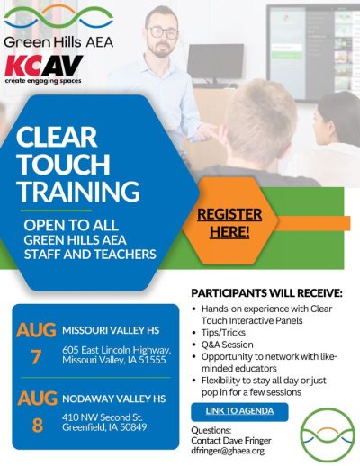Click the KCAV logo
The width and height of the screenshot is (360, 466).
click(44, 69)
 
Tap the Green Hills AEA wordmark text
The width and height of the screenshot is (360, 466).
click(58, 42)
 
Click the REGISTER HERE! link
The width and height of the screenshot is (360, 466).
click(229, 223)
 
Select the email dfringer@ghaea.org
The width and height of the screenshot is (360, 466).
click(228, 451)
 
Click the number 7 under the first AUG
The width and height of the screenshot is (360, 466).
click(36, 357)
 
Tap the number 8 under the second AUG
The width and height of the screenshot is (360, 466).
click(38, 426)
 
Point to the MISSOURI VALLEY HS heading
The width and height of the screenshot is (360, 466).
click(111, 330)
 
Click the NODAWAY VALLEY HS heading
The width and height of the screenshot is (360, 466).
click(114, 399)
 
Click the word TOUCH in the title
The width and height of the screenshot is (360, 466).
click(63, 164)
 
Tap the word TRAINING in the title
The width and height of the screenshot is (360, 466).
click(78, 191)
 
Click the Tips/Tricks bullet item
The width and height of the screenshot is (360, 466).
click(223, 333)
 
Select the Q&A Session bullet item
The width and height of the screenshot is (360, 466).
click(228, 345)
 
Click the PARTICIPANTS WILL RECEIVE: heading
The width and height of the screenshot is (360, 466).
click(266, 293)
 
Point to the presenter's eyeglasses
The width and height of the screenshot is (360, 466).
click(163, 32)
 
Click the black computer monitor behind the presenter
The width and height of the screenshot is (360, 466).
click(215, 62)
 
